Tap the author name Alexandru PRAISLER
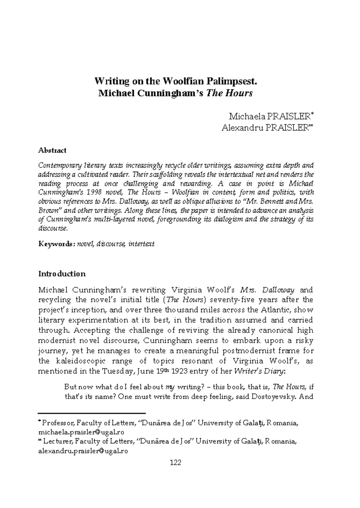pos(265,128)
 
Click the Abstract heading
pos(52,150)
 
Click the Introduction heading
pos(62,274)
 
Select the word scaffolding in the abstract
pos(165,174)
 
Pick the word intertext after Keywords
pos(141,244)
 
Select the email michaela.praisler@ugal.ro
pos(81,432)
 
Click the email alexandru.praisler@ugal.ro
pos(83,451)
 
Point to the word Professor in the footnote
pos(58,423)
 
